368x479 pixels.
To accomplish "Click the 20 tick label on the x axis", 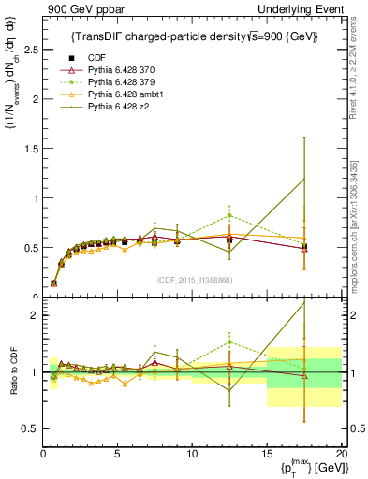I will (340, 453).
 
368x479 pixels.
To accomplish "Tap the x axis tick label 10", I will (192, 453).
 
